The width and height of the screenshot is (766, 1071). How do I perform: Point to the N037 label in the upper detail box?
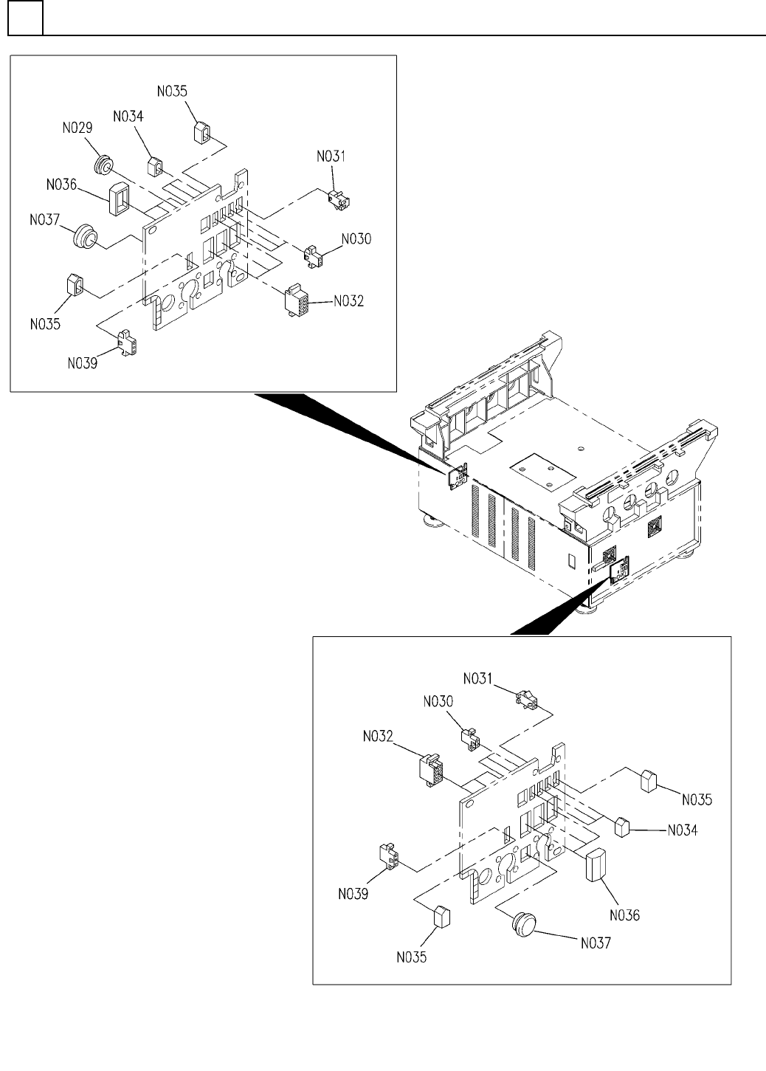46,221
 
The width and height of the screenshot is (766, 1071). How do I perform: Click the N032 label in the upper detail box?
349,301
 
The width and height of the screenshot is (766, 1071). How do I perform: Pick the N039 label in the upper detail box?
83,363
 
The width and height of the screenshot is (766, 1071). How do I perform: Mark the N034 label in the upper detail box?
128,117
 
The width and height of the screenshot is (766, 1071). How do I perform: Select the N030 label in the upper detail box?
356,239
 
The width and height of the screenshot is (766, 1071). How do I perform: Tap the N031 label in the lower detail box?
480,678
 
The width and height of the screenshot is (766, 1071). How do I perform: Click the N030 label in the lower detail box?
440,701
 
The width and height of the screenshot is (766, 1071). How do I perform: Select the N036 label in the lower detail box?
625,916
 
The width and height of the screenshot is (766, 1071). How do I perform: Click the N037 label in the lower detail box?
597,943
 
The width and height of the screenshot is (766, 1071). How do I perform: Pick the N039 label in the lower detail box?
354,894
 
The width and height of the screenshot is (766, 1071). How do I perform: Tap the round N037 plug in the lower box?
525,925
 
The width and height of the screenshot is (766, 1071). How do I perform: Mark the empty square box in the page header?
25,18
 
